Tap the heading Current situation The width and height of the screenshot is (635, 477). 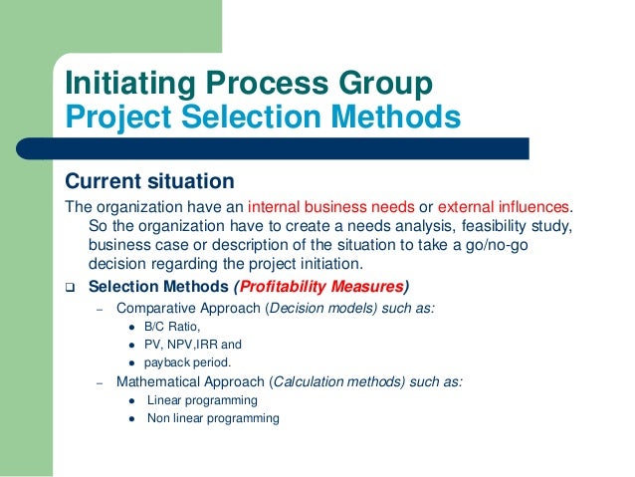pos(149,182)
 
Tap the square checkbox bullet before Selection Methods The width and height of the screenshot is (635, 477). pos(71,287)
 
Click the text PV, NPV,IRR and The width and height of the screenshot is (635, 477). pos(193,345)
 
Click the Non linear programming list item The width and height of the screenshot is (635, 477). pos(213,418)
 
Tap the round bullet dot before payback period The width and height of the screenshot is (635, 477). pos(132,363)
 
